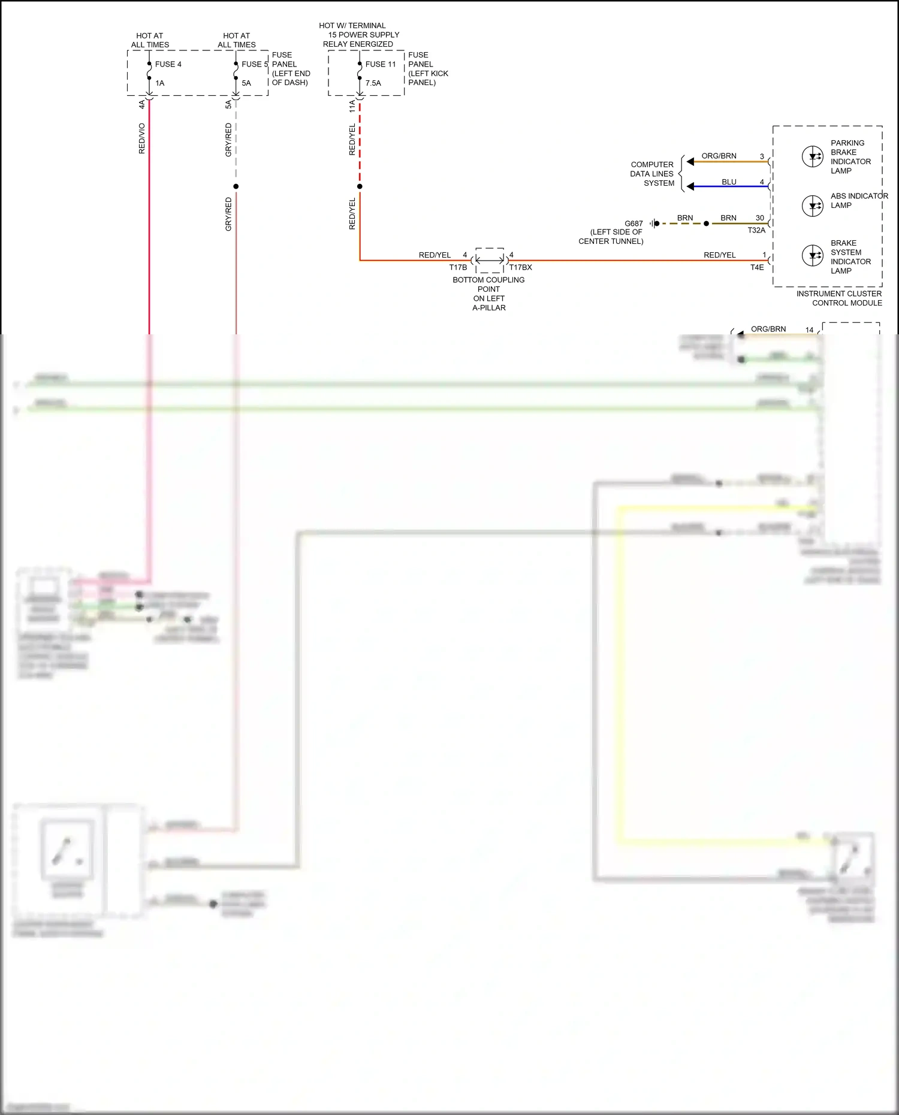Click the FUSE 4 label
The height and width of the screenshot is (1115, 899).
pyautogui.click(x=168, y=64)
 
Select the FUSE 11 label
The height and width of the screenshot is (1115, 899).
pyautogui.click(x=381, y=64)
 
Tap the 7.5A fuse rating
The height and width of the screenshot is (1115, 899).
pyautogui.click(x=373, y=83)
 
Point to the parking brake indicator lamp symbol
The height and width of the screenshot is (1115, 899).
pyautogui.click(x=813, y=157)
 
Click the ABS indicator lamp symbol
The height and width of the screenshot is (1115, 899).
pyautogui.click(x=813, y=206)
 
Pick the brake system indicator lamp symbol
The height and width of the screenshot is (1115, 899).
pyautogui.click(x=813, y=255)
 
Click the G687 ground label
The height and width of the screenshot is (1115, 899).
pyautogui.click(x=633, y=223)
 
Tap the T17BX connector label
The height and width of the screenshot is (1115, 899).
pyautogui.click(x=520, y=268)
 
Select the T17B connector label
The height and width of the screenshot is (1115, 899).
pyautogui.click(x=458, y=268)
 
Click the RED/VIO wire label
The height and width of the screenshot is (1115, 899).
pyautogui.click(x=142, y=138)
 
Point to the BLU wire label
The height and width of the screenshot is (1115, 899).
pyautogui.click(x=729, y=182)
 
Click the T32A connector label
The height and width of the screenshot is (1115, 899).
pyautogui.click(x=756, y=231)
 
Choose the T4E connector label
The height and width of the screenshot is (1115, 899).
pyautogui.click(x=757, y=268)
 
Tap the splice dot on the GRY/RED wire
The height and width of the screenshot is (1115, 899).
pyautogui.click(x=236, y=186)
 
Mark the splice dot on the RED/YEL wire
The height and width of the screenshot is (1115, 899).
pyautogui.click(x=360, y=186)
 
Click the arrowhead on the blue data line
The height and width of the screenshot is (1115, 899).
pyautogui.click(x=690, y=187)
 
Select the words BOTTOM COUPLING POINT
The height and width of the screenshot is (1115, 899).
pyautogui.click(x=488, y=285)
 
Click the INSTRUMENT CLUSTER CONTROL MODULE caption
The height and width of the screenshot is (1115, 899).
pyautogui.click(x=839, y=298)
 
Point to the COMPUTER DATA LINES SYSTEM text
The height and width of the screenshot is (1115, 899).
pyautogui.click(x=652, y=174)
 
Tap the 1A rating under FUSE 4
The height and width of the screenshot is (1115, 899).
pyautogui.click(x=160, y=83)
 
